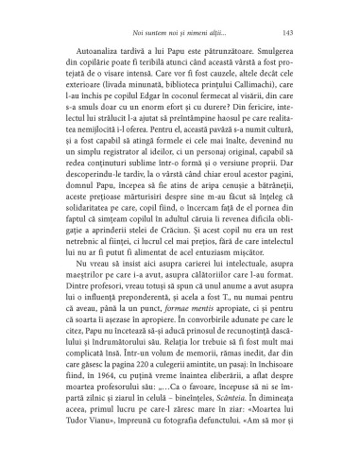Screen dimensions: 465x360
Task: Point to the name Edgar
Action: (148, 119)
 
